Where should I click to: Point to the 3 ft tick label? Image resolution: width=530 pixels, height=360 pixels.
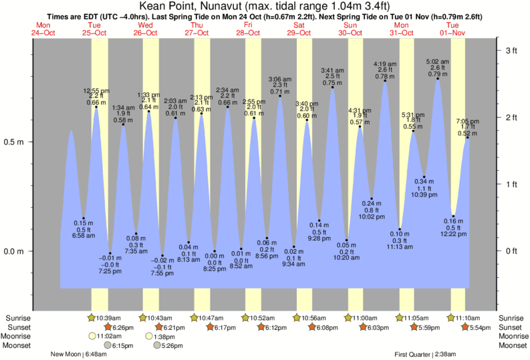tap(512, 51)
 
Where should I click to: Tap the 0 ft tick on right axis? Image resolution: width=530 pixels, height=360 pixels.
tap(512, 251)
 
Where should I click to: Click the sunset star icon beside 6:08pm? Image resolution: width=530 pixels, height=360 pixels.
tap(311, 327)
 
